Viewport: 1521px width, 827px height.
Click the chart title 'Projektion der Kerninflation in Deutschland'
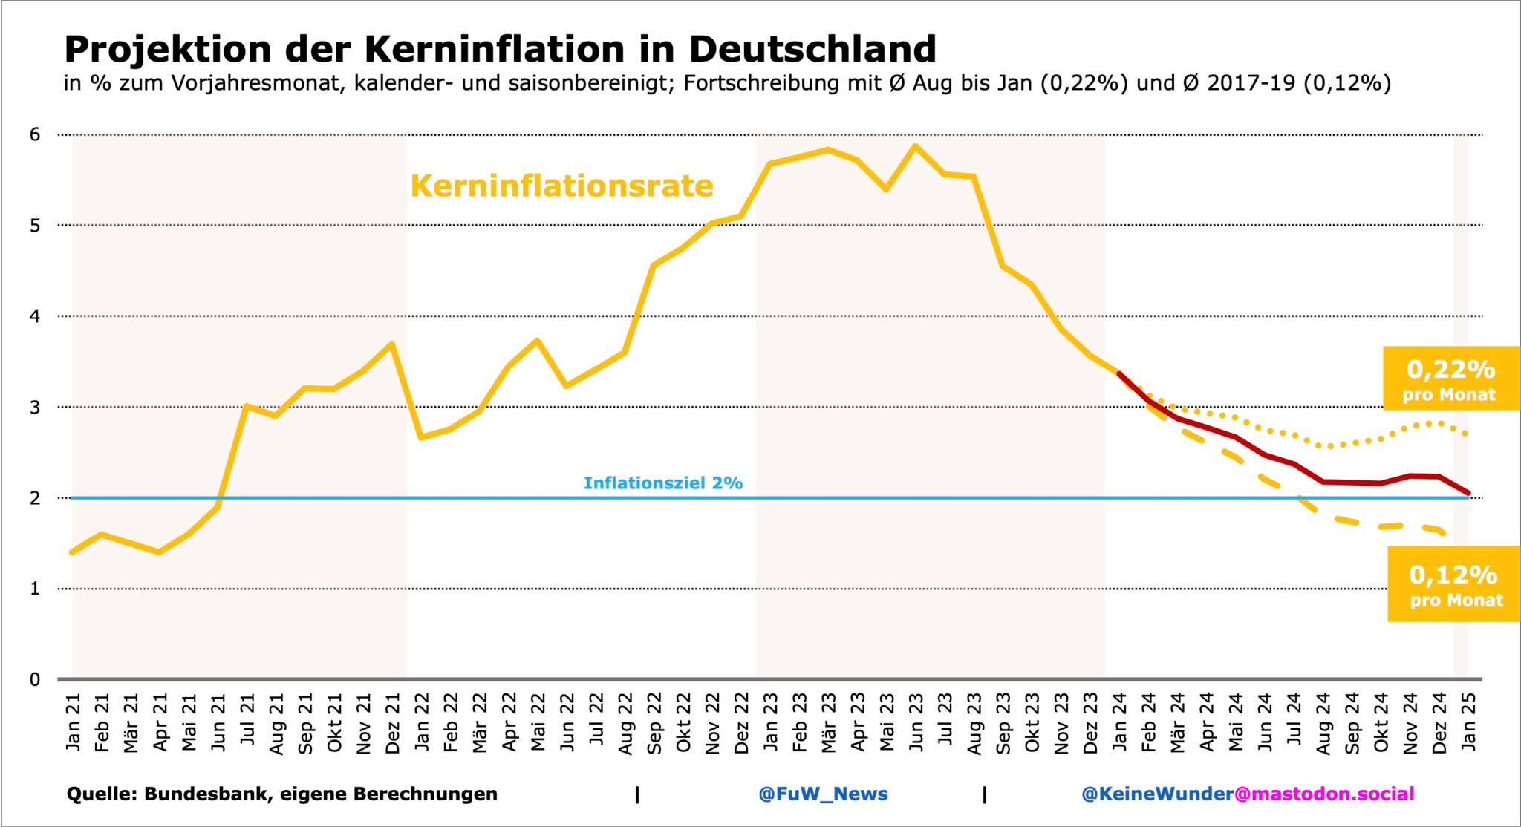click(500, 49)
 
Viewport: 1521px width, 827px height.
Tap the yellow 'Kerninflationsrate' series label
click(561, 186)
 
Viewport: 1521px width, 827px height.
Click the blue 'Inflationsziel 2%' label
click(662, 483)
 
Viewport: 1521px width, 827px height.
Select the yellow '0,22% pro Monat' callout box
click(1450, 379)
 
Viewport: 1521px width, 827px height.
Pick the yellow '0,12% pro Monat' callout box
click(1454, 584)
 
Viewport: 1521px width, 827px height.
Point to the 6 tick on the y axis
click(35, 135)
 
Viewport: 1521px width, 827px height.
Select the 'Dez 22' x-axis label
click(741, 723)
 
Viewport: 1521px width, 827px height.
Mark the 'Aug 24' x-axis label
click(1323, 723)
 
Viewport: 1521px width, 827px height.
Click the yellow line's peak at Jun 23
click(915, 146)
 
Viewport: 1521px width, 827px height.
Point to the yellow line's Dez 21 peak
click(391, 344)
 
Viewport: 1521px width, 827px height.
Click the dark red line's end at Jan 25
click(1468, 493)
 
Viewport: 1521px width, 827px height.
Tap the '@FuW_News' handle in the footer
click(823, 794)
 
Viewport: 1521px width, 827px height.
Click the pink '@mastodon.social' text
click(1324, 794)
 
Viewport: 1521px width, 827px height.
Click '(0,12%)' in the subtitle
click(1346, 83)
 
